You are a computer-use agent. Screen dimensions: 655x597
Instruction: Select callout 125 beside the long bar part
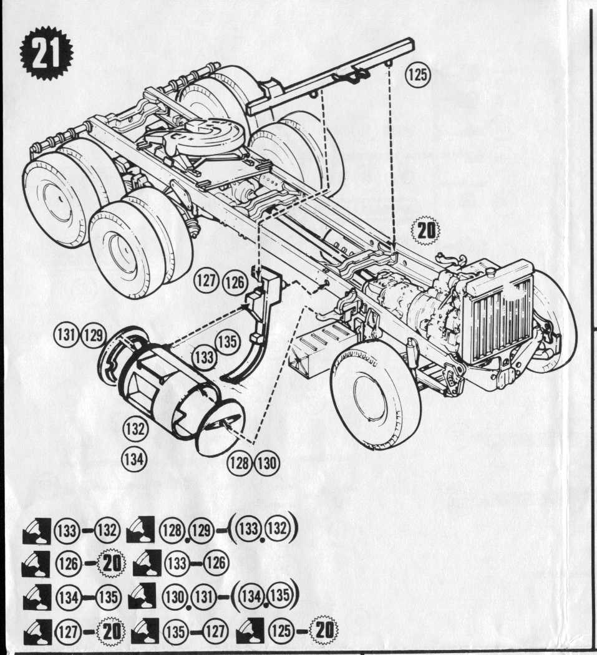tap(417, 75)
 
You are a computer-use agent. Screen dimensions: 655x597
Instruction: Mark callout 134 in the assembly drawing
tap(133, 459)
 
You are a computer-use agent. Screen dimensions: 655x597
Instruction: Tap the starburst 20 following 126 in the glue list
tap(113, 565)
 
